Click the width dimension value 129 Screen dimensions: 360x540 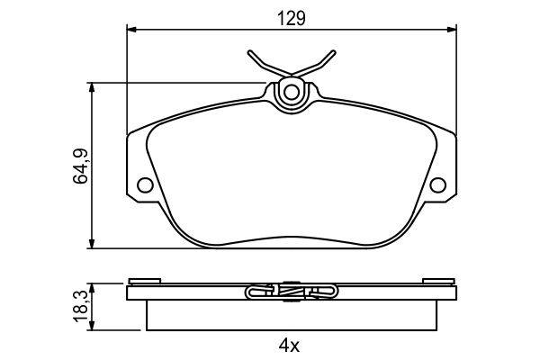[289, 18]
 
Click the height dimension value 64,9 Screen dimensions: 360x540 [79, 166]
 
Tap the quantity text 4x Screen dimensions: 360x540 [288, 345]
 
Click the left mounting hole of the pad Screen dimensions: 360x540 [144, 186]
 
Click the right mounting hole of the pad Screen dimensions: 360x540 [438, 186]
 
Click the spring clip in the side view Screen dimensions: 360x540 [290, 292]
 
